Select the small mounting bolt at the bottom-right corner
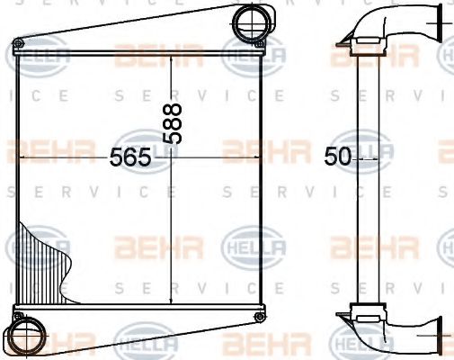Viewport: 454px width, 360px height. coord(259,317)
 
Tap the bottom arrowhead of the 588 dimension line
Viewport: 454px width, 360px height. coord(170,307)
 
